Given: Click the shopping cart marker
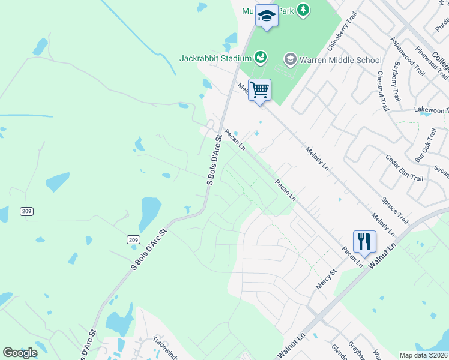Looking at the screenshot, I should (x=259, y=91).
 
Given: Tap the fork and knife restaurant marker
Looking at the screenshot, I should (x=364, y=242).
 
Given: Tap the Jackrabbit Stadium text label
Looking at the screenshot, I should (x=214, y=58).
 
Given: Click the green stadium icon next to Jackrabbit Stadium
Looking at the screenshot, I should (x=260, y=58).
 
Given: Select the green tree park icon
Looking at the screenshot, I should (x=304, y=10).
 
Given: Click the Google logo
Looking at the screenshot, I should (x=20, y=353).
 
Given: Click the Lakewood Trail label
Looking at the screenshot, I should (x=431, y=110).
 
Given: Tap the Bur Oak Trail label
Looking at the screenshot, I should (x=426, y=145).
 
